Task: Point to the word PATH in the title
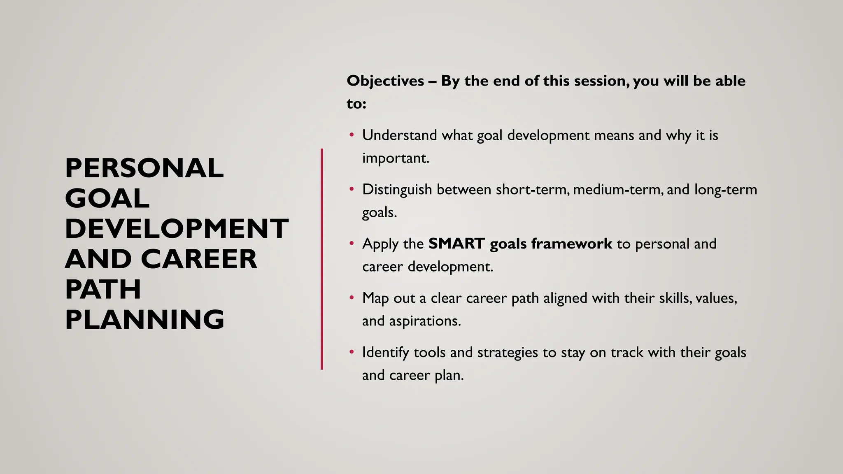point(103,289)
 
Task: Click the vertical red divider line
point(322,259)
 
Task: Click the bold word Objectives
point(385,81)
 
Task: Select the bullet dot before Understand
point(352,135)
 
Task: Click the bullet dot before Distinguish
point(352,189)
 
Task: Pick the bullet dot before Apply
point(352,244)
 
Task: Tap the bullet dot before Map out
point(352,298)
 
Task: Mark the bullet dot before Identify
point(352,352)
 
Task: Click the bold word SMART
point(456,244)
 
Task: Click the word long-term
point(726,190)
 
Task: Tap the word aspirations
point(425,321)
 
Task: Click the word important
point(396,158)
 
